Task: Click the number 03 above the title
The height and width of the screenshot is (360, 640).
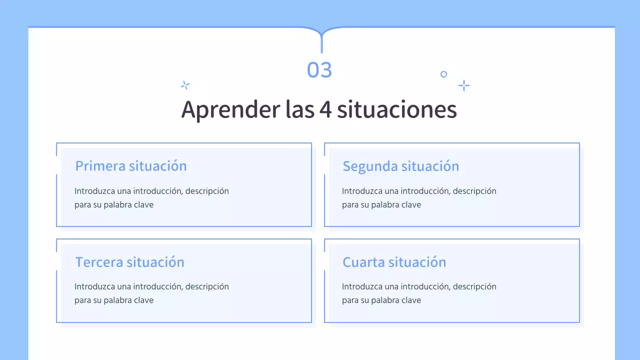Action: click(319, 70)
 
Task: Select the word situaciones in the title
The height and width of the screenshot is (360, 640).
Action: click(397, 109)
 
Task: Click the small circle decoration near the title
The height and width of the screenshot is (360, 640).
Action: click(443, 74)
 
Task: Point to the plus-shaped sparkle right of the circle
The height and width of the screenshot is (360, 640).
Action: click(464, 85)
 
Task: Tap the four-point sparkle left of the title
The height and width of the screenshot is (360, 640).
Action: click(185, 85)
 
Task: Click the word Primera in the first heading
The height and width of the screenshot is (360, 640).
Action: click(100, 166)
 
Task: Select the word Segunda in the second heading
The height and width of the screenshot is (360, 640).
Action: click(370, 166)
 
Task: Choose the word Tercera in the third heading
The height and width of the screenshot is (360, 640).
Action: click(99, 262)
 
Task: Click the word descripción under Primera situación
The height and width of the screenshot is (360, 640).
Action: click(207, 191)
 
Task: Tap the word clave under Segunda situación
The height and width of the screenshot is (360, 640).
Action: click(411, 204)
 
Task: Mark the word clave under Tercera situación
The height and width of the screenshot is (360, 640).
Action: click(143, 300)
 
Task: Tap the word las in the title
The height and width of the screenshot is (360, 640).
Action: click(299, 109)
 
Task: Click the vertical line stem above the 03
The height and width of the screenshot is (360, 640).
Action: click(321, 44)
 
